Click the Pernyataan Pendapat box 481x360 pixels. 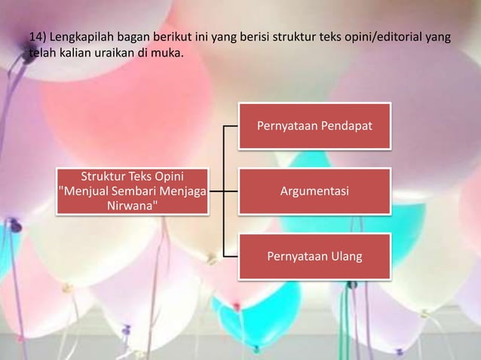tap(314, 126)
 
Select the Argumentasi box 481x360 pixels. tap(314, 191)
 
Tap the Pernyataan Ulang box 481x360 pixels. tap(314, 257)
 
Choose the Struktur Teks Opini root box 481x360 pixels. tap(133, 191)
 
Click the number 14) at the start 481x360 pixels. tap(37, 36)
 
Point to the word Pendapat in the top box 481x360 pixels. tap(346, 126)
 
